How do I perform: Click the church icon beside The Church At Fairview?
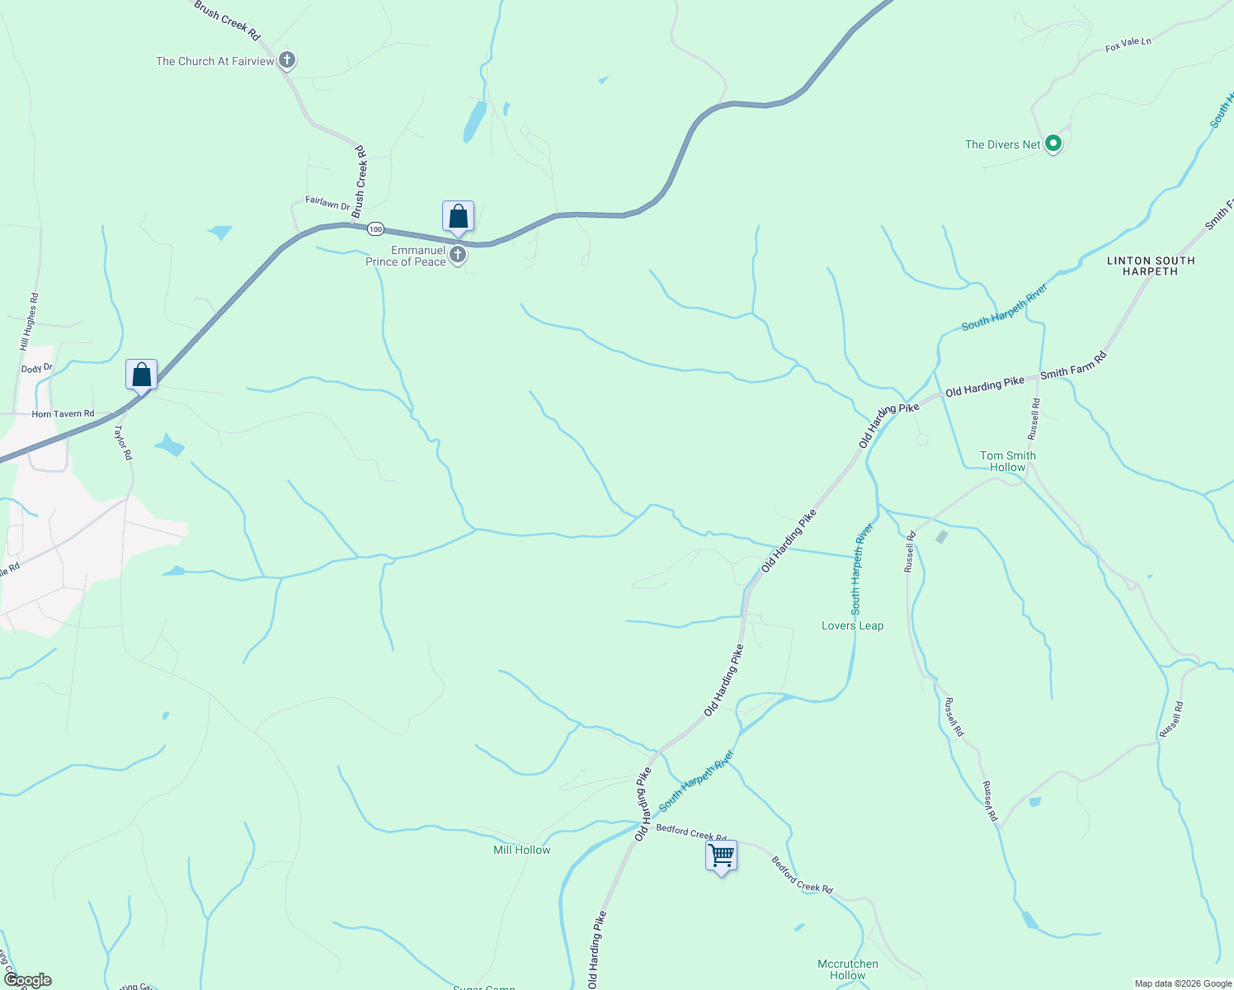click(x=287, y=60)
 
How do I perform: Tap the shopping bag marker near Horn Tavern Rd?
click(x=142, y=375)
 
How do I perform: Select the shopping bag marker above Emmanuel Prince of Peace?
click(x=458, y=216)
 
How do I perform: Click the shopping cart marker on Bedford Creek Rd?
click(x=721, y=856)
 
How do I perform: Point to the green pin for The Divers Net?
click(x=1053, y=144)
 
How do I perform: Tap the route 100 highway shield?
click(x=376, y=229)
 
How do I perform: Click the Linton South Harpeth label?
click(x=1150, y=266)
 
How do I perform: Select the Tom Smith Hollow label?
click(x=1007, y=461)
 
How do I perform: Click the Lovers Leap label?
click(x=852, y=625)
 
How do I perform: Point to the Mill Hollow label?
click(x=521, y=850)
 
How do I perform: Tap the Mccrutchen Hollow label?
click(x=847, y=969)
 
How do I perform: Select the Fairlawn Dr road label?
click(x=327, y=202)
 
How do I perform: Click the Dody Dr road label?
click(x=36, y=369)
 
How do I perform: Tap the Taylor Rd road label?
click(x=122, y=442)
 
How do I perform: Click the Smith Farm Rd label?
click(x=1072, y=365)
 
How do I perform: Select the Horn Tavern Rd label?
click(x=63, y=414)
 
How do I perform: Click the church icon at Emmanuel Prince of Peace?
click(x=458, y=256)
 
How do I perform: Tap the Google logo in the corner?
click(x=27, y=980)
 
